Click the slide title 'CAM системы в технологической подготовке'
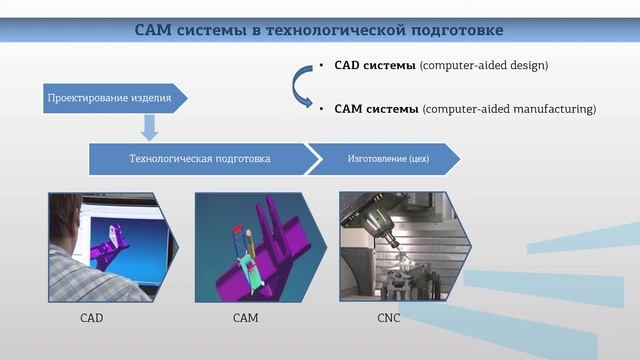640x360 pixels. [x=319, y=29]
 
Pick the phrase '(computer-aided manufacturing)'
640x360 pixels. [x=509, y=108]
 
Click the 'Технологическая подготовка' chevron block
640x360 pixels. [x=200, y=158]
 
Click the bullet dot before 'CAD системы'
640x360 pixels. [x=322, y=66]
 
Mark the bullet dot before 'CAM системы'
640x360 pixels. [x=322, y=108]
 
